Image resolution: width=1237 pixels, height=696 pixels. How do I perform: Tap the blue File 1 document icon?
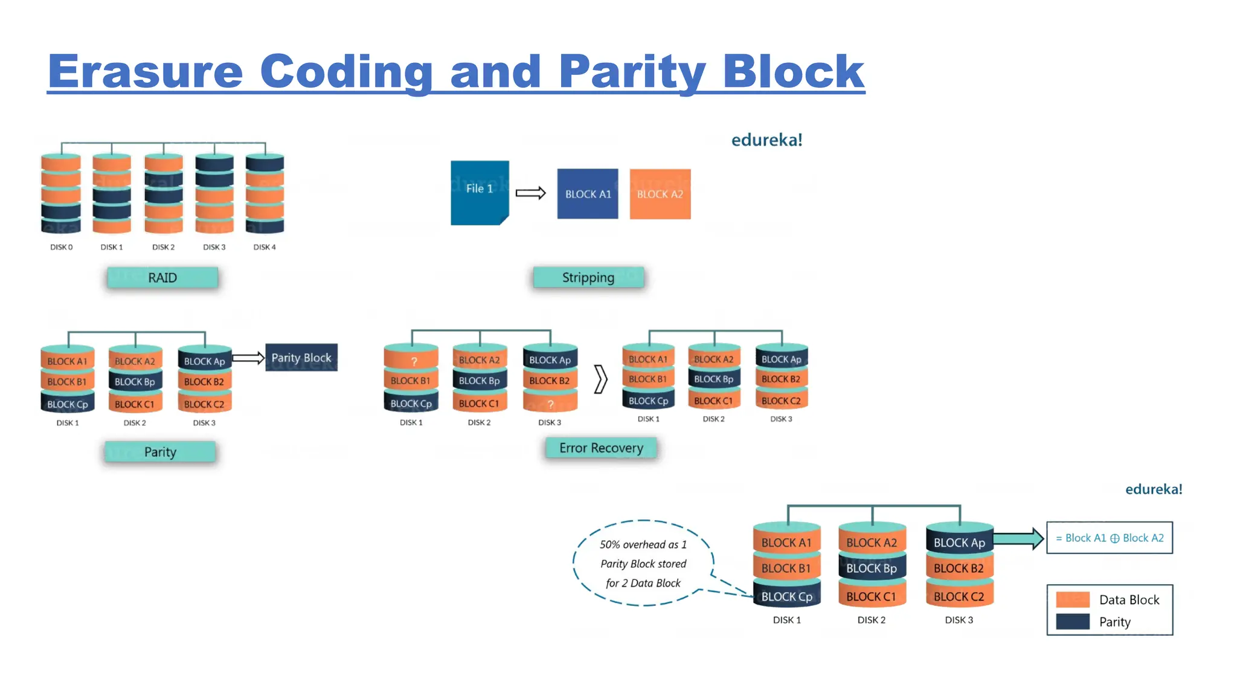(480, 192)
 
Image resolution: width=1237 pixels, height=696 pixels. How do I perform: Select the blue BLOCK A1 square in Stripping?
(587, 194)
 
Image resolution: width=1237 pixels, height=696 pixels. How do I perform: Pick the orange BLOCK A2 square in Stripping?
(660, 194)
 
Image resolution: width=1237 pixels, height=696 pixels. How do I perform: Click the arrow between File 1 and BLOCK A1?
(530, 193)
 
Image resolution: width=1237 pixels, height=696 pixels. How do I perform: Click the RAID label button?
(162, 278)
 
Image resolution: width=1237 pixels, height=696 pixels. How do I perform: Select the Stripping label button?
(588, 277)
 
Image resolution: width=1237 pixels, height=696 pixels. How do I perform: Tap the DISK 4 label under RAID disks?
(265, 247)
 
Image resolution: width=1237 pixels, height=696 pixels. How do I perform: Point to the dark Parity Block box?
(301, 358)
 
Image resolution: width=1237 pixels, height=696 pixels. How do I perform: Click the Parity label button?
(160, 452)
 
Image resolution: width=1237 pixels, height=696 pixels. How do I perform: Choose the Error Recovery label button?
(601, 448)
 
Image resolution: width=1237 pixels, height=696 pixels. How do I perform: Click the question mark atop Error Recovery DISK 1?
(414, 361)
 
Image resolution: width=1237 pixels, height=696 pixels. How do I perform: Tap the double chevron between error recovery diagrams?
(600, 379)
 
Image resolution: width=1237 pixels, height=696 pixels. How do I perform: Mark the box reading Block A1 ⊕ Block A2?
(1109, 538)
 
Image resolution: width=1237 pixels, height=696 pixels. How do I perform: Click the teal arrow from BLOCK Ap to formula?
(1018, 538)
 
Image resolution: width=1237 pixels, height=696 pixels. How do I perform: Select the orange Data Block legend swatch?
(1073, 599)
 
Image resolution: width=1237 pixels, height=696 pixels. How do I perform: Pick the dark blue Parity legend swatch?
(1073, 622)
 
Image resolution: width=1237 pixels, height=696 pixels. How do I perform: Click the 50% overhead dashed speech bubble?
(643, 563)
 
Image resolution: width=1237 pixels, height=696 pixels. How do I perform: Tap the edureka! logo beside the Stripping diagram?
(766, 140)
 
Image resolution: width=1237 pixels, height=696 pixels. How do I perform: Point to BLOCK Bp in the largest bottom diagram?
(871, 569)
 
